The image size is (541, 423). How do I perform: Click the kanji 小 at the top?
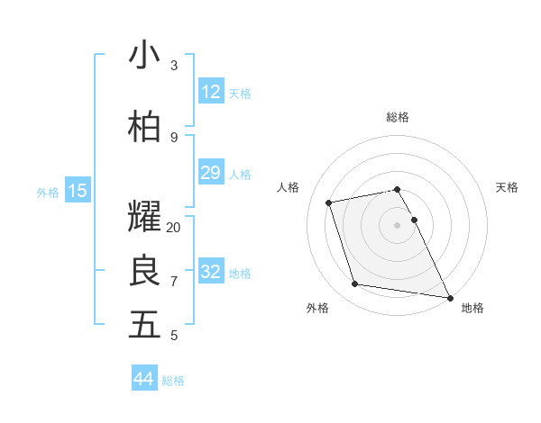144,55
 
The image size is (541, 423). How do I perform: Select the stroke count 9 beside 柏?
173,137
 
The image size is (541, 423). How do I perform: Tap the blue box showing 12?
210,92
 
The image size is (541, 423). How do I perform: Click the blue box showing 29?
210,173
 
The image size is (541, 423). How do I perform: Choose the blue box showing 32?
210,272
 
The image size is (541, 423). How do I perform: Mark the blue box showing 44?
144,379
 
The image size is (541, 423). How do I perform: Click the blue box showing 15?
78,191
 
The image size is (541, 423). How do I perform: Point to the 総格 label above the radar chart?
398,117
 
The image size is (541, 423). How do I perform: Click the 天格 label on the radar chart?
508,187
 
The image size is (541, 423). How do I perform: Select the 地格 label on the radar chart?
472,308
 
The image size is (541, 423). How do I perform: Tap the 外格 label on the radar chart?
317,308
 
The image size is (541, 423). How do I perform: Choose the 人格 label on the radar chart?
289,187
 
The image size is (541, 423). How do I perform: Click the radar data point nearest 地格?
448,296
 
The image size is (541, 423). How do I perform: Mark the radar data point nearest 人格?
329,202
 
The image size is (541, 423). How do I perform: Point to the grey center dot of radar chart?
398,225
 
